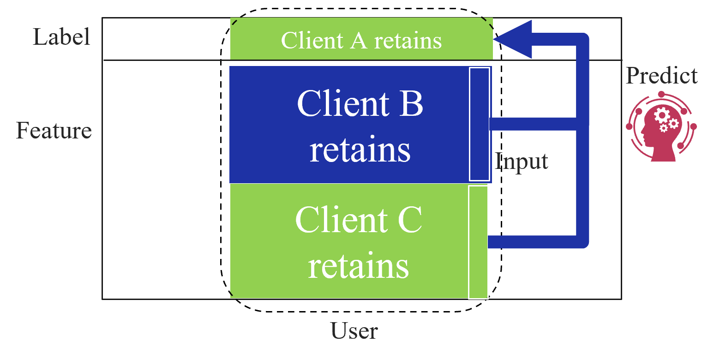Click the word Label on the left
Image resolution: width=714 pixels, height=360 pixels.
[x=61, y=37]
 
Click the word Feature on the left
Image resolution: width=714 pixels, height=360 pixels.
[x=54, y=131]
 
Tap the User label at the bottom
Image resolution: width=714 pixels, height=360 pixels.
[x=354, y=331]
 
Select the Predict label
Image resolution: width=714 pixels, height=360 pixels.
[x=661, y=76]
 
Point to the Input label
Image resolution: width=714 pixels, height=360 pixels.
[x=521, y=162]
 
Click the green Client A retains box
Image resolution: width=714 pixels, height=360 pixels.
[x=361, y=40]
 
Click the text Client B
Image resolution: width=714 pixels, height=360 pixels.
[x=360, y=103]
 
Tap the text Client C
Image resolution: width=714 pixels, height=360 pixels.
[x=358, y=220]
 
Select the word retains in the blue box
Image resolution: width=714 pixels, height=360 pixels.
[x=360, y=150]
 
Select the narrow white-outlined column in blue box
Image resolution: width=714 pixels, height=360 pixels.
[x=479, y=124]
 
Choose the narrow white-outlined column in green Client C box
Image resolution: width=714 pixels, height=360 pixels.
[x=478, y=242]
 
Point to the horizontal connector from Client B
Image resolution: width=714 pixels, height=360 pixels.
[x=531, y=124]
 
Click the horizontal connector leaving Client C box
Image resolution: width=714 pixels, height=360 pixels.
[x=531, y=242]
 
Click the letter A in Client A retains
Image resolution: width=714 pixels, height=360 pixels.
[x=359, y=40]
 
